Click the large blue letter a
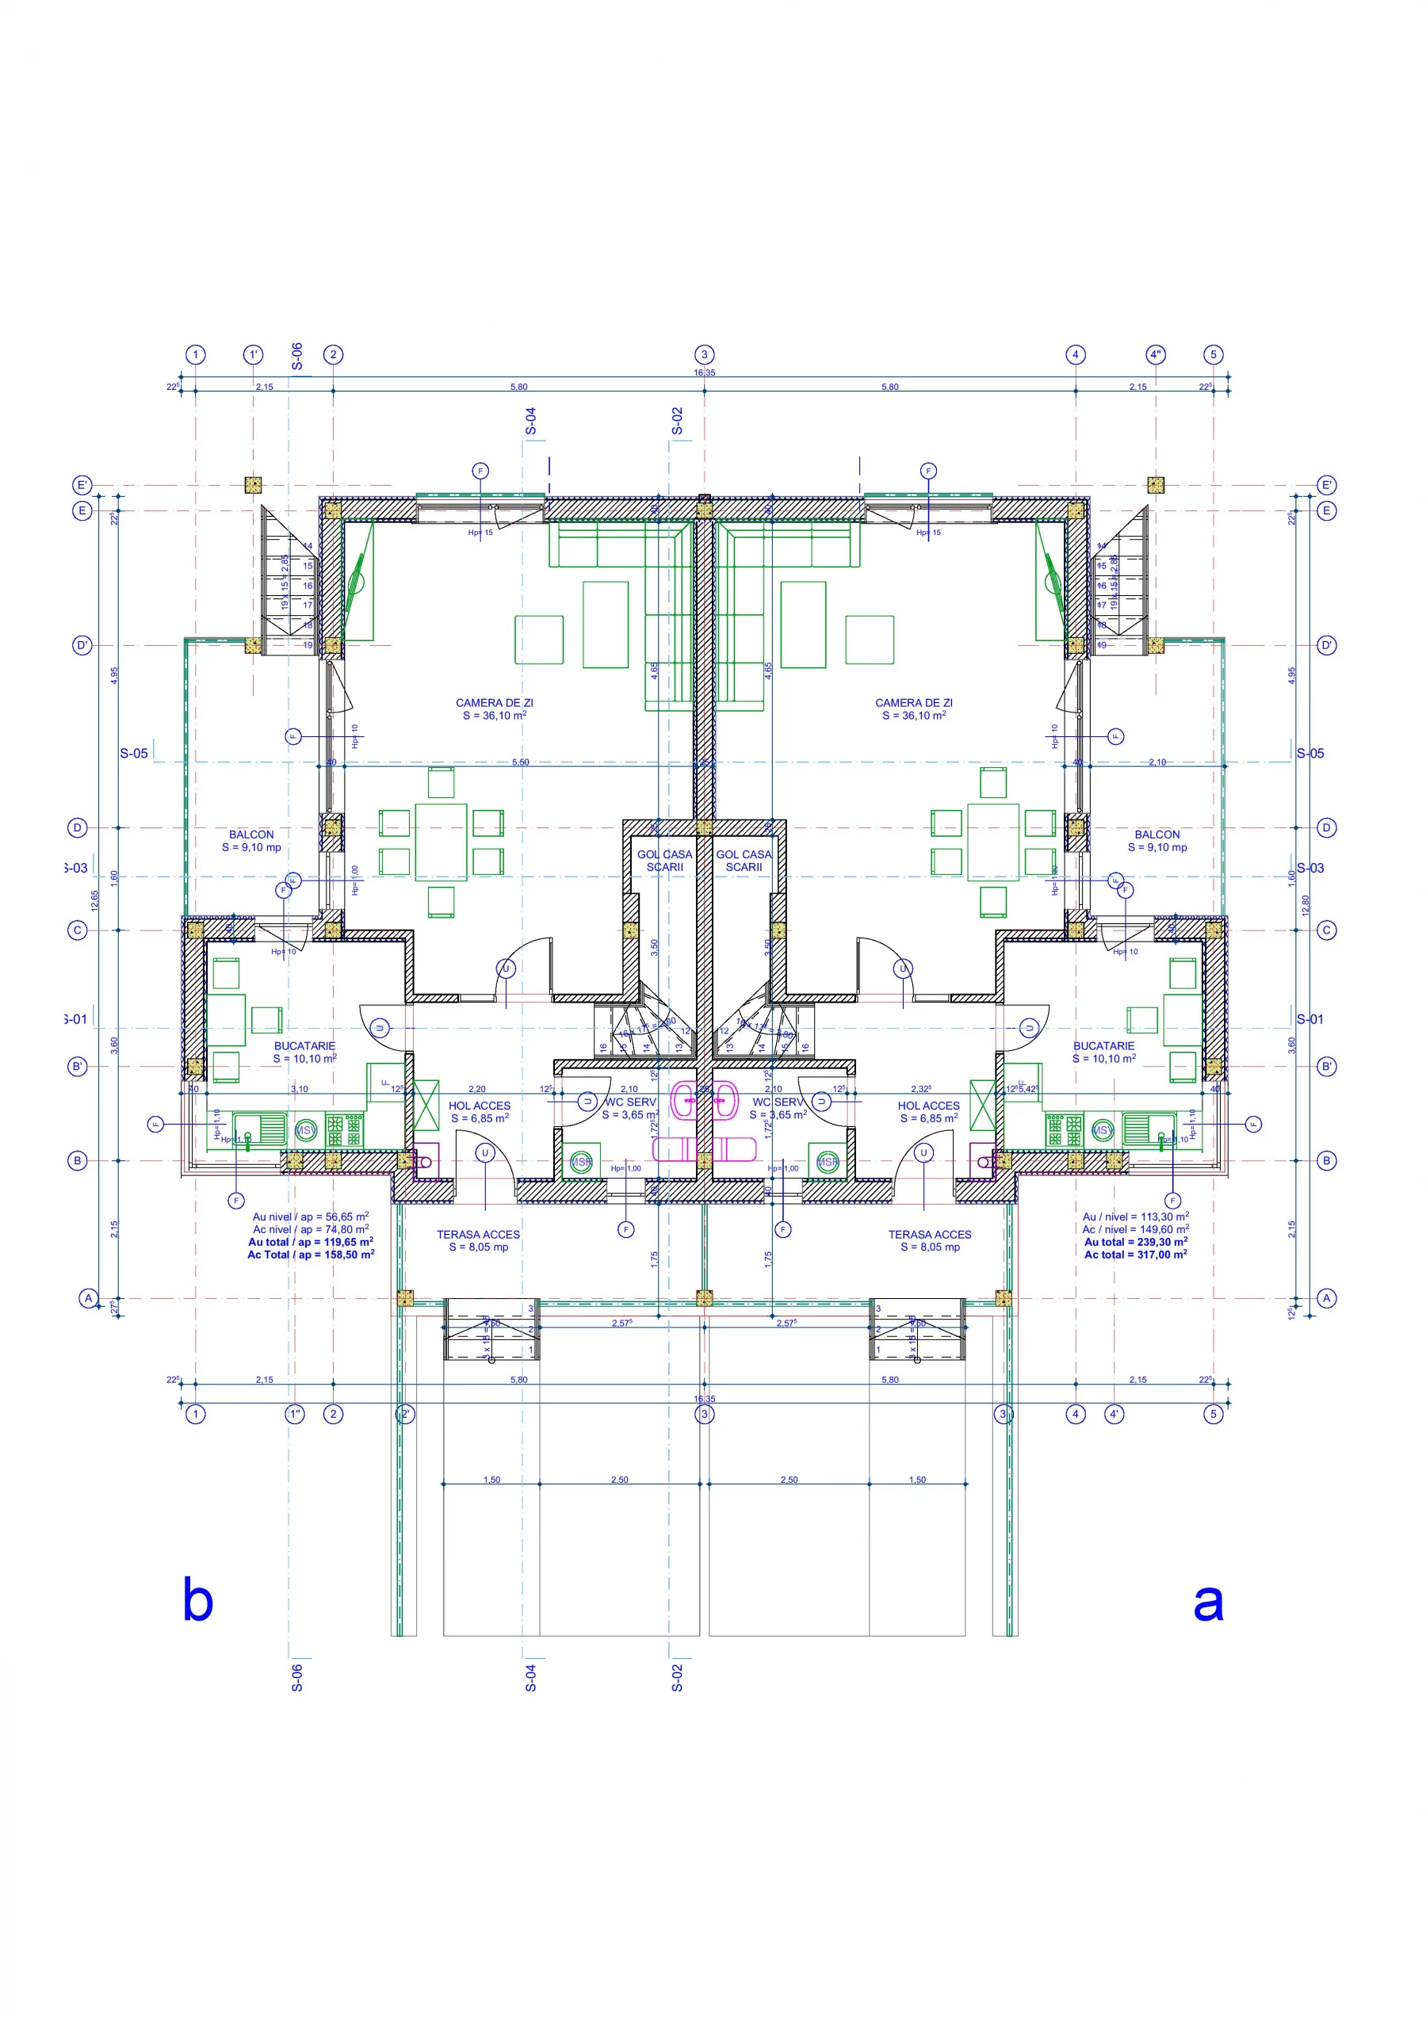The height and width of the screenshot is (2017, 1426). click(1208, 1603)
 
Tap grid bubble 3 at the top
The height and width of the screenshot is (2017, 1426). click(704, 355)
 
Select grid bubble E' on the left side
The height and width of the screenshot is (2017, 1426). click(82, 485)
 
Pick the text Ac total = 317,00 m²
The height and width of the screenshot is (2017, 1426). click(1135, 1255)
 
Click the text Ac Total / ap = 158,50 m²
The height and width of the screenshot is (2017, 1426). click(310, 1255)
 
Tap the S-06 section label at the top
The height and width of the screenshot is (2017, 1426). click(297, 356)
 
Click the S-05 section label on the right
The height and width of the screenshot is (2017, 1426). click(1310, 753)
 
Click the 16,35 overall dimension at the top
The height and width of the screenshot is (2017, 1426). click(704, 372)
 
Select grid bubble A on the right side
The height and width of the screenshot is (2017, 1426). click(1326, 1297)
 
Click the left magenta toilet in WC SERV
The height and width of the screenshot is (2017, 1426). click(684, 1100)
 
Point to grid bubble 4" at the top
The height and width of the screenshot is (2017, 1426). click(1156, 355)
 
